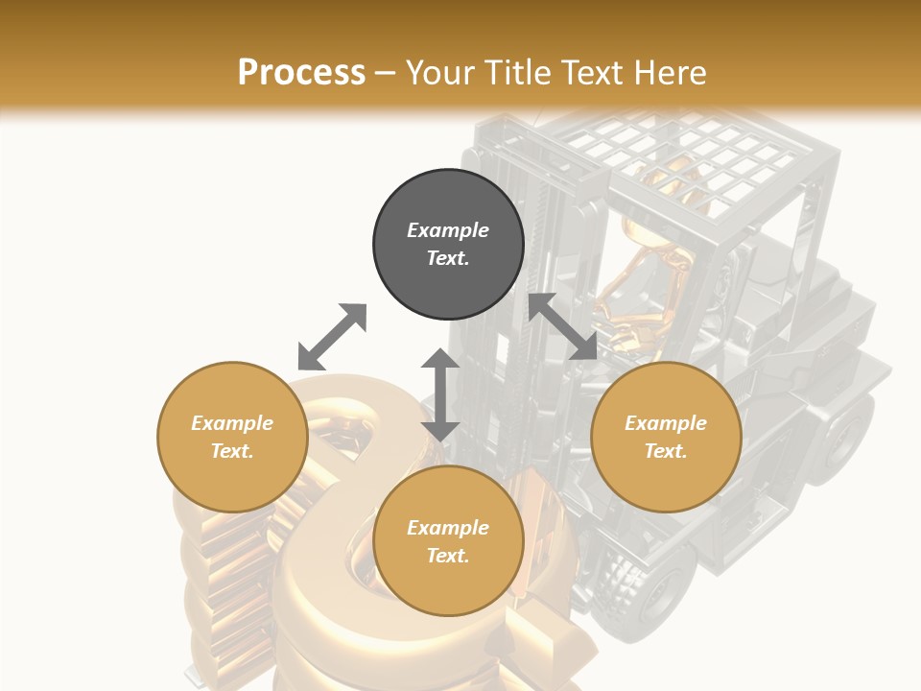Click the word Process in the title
coord(301,72)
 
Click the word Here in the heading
coord(672,72)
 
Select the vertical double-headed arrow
coord(440,394)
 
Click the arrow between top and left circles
coord(332,337)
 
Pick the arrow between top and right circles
coord(562,327)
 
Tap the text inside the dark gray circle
coord(448,244)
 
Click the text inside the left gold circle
coord(232,437)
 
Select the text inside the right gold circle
coord(666,437)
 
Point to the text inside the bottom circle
coord(448,541)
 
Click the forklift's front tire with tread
coord(653,581)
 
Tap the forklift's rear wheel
coord(845,437)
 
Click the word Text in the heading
coord(595,72)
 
